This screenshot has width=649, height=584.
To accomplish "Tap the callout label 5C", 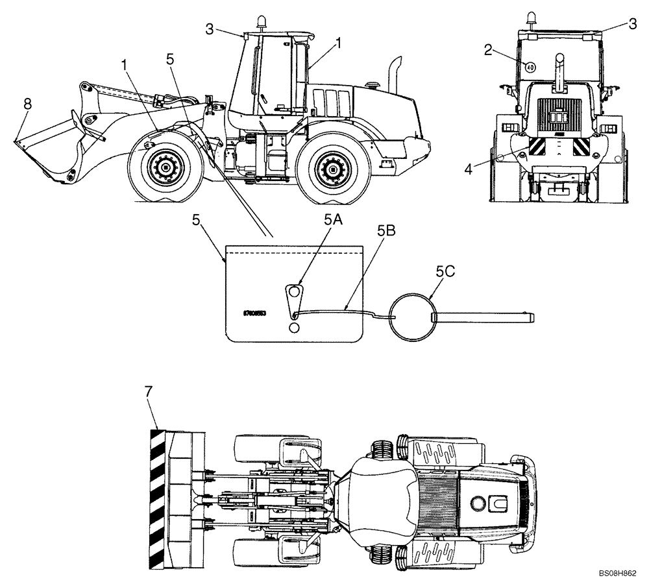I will pos(446,273).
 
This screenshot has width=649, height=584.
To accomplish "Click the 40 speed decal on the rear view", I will pos(530,66).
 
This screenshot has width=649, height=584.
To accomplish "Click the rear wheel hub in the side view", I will pos(332,170).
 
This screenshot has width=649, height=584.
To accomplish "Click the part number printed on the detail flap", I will pos(254,313).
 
